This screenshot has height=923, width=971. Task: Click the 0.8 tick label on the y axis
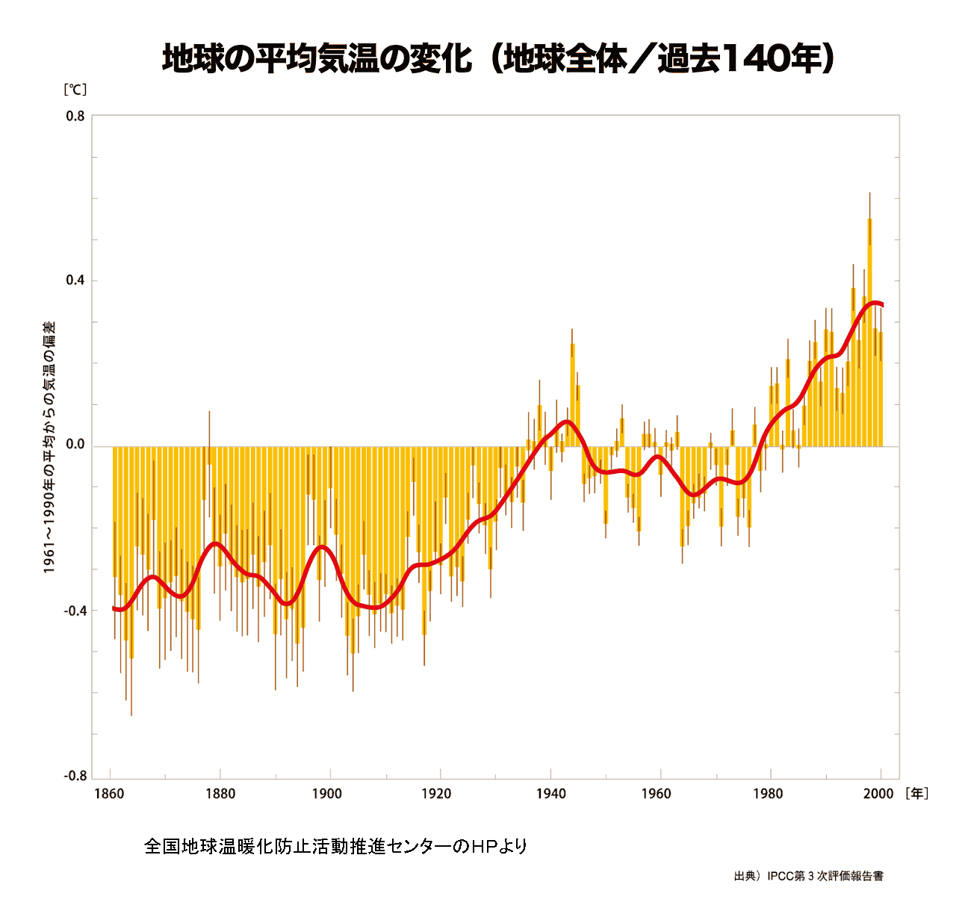tap(75, 116)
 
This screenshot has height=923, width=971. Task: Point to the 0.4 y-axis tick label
tap(75, 281)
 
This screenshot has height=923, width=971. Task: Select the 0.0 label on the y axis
tap(75, 445)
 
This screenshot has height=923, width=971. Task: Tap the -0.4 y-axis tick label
tap(74, 611)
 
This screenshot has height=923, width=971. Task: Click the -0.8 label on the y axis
tap(74, 776)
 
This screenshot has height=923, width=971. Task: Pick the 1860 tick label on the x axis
tap(109, 794)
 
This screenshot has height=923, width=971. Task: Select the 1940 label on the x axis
tap(550, 794)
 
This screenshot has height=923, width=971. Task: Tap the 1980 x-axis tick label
tap(769, 794)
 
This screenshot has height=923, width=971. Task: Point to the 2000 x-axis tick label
tap(878, 794)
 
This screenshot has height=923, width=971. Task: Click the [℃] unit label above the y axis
tap(75, 90)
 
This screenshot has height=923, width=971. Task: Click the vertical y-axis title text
tap(49, 447)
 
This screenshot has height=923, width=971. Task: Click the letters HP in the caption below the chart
tap(485, 847)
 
